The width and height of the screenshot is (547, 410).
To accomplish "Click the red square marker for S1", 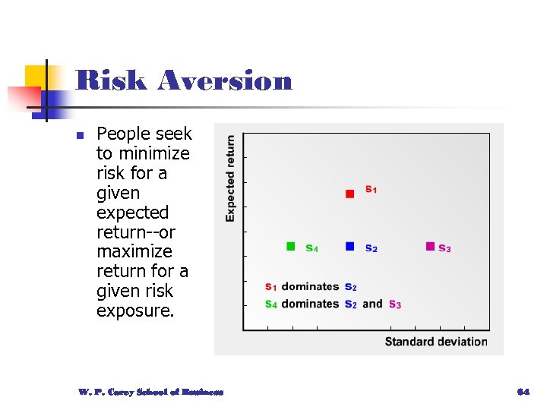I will click(x=349, y=194).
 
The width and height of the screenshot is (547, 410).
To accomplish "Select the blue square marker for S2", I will click(x=349, y=246).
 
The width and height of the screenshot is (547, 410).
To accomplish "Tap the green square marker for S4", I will click(x=290, y=246).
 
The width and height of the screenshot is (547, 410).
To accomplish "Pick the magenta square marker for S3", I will click(x=430, y=246).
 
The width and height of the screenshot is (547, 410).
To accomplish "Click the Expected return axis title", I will click(x=230, y=178).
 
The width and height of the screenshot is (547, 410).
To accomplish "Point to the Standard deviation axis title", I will click(x=435, y=342).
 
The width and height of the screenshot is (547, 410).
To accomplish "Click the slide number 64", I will click(x=522, y=392).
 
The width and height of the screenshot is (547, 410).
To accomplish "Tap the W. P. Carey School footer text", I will click(x=150, y=392).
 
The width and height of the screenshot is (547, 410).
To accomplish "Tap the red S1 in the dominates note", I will click(x=271, y=287).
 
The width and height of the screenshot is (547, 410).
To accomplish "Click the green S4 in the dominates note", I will click(x=271, y=304).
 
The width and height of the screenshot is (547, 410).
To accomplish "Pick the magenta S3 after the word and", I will click(x=395, y=304).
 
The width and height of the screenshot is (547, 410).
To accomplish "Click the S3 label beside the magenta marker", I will click(x=445, y=248).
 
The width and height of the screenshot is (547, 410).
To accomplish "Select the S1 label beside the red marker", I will click(x=371, y=189).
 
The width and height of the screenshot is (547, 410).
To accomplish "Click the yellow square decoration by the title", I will click(x=36, y=77).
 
